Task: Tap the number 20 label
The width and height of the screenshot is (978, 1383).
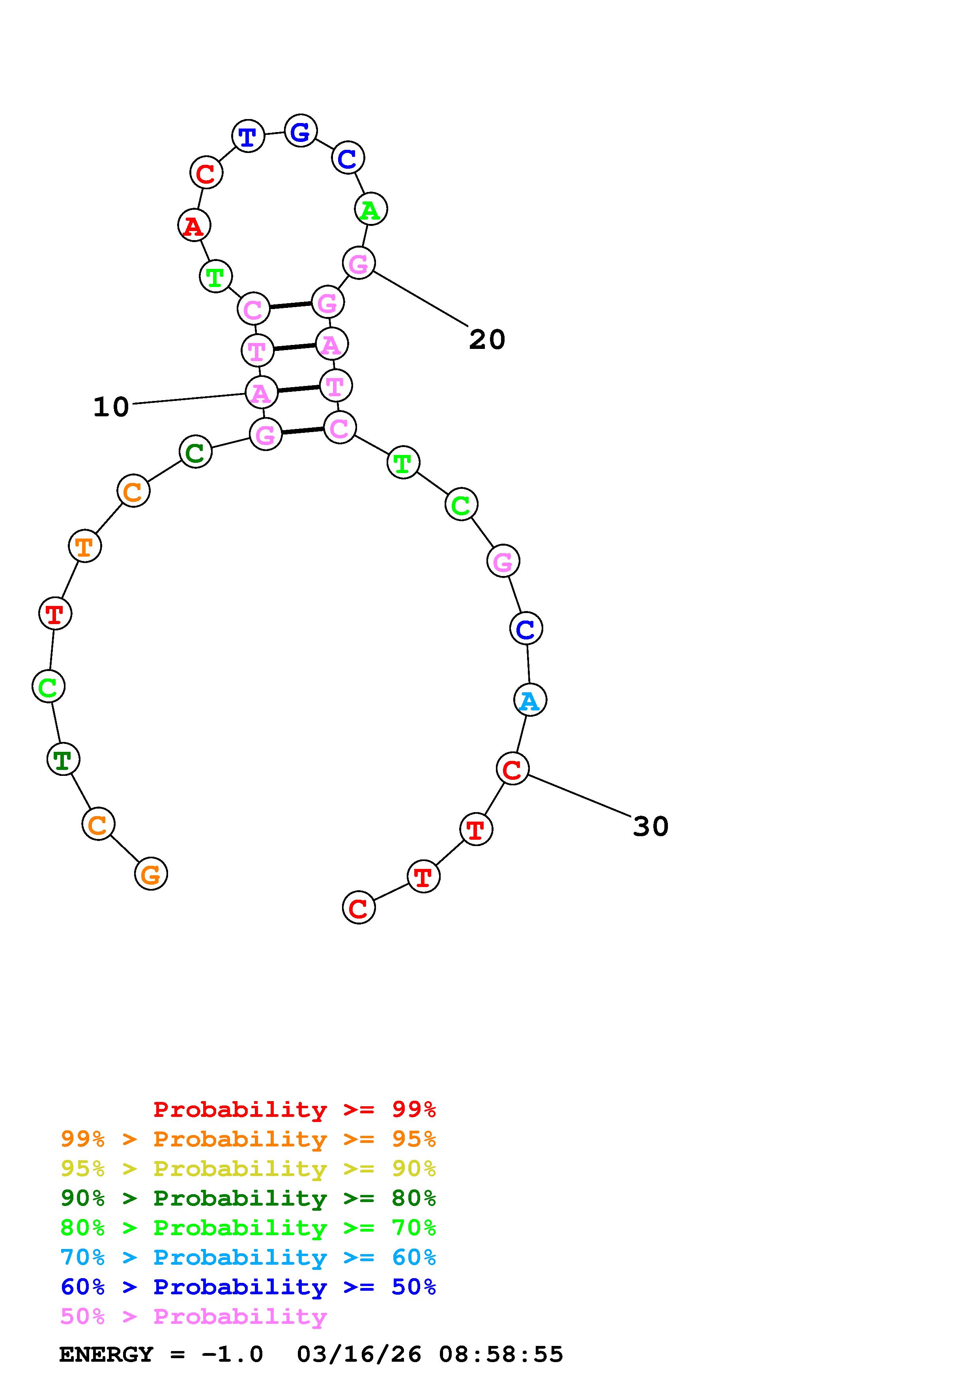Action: (487, 340)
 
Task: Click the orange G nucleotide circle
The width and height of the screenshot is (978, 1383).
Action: (151, 874)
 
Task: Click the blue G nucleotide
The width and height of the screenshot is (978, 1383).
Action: (301, 131)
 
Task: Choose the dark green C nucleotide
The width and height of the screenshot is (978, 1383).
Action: (196, 452)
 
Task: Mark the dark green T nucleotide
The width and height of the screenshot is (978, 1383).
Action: (63, 760)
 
